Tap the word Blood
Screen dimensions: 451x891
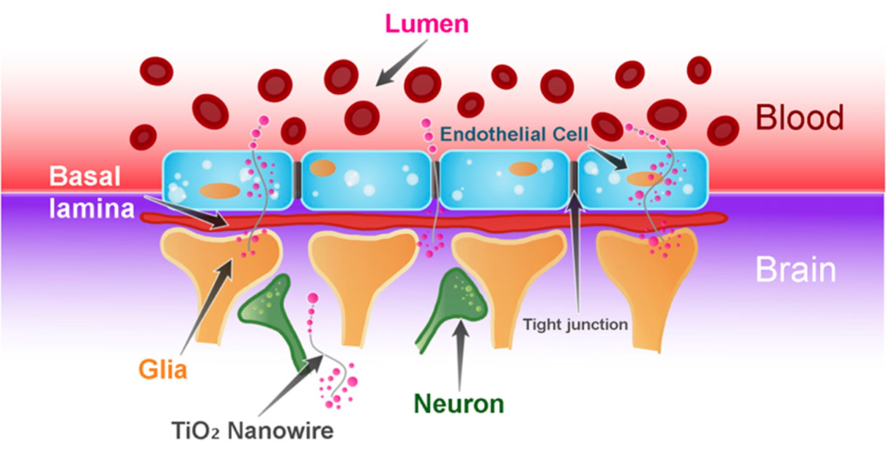(800, 118)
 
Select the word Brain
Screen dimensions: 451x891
(796, 270)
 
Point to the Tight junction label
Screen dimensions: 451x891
(576, 324)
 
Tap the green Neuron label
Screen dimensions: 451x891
(459, 404)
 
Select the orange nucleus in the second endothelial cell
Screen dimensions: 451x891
(323, 169)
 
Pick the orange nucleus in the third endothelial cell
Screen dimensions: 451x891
(522, 169)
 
